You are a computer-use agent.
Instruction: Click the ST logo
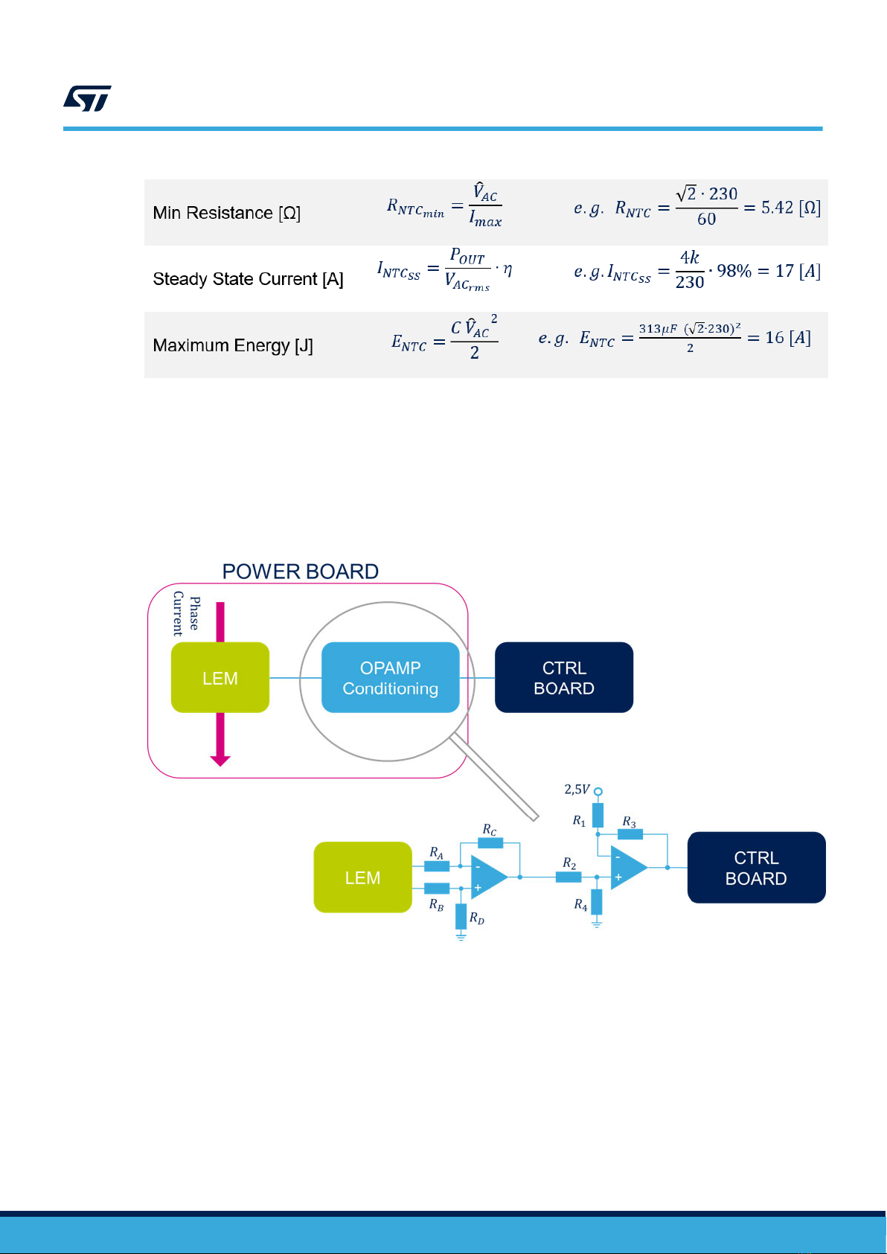pos(87,98)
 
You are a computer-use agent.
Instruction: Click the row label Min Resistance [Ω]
pos(227,213)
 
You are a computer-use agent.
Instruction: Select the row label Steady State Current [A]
pos(248,279)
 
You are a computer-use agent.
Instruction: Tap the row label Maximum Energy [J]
pos(233,345)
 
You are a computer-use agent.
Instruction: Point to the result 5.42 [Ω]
pos(791,208)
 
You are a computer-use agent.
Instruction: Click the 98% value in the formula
pos(734,271)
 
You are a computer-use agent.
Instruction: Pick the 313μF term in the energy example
pos(658,329)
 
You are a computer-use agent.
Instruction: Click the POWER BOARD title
pos(301,572)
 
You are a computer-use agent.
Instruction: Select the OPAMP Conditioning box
pos(391,677)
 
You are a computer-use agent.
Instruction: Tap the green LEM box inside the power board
pos(220,677)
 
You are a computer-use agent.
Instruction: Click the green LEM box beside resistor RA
pos(362,877)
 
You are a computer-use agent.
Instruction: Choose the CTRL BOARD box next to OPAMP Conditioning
pos(564,677)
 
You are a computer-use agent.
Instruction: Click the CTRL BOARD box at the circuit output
pos(757,868)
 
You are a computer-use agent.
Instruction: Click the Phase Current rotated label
pos(186,613)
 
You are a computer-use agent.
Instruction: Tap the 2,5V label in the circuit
pos(577,790)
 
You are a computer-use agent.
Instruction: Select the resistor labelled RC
pos(490,842)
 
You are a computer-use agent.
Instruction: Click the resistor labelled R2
pos(569,877)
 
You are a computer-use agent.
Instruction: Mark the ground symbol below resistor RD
pos(461,936)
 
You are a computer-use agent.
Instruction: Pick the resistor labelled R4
pos(597,902)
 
